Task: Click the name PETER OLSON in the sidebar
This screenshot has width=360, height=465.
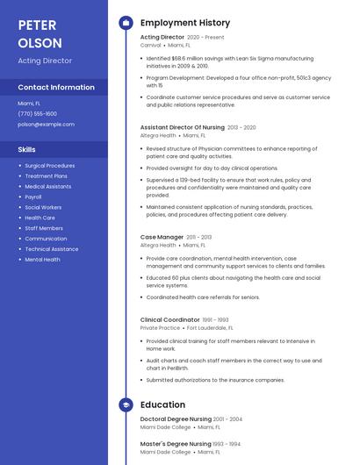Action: tap(40, 33)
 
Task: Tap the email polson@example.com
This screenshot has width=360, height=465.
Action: tap(46, 124)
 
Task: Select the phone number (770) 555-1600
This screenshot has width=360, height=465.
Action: tap(37, 113)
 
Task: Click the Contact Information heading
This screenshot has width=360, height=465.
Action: tap(56, 87)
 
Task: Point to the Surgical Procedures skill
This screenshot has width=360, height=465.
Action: tap(49, 165)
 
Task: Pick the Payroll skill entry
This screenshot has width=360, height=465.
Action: tap(33, 197)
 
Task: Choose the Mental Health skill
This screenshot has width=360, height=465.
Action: tap(42, 260)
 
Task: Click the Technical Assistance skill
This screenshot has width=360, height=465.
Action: tap(52, 249)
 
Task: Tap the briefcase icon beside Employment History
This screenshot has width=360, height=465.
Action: tap(126, 23)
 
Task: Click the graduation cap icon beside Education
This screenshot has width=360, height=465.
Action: tap(126, 404)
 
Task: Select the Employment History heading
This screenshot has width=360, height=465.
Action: tap(184, 23)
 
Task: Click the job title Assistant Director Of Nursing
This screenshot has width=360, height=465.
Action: tap(182, 127)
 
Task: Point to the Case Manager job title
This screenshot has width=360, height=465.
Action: tap(162, 237)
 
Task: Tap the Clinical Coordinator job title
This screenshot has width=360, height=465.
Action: tap(169, 319)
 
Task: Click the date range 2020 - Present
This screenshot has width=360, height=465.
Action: tap(205, 38)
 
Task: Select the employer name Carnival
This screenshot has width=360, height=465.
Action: tap(150, 45)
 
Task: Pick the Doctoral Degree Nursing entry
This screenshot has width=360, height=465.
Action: tap(175, 419)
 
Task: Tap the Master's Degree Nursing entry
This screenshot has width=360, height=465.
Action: tap(174, 444)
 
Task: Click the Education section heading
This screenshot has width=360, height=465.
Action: tap(162, 404)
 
